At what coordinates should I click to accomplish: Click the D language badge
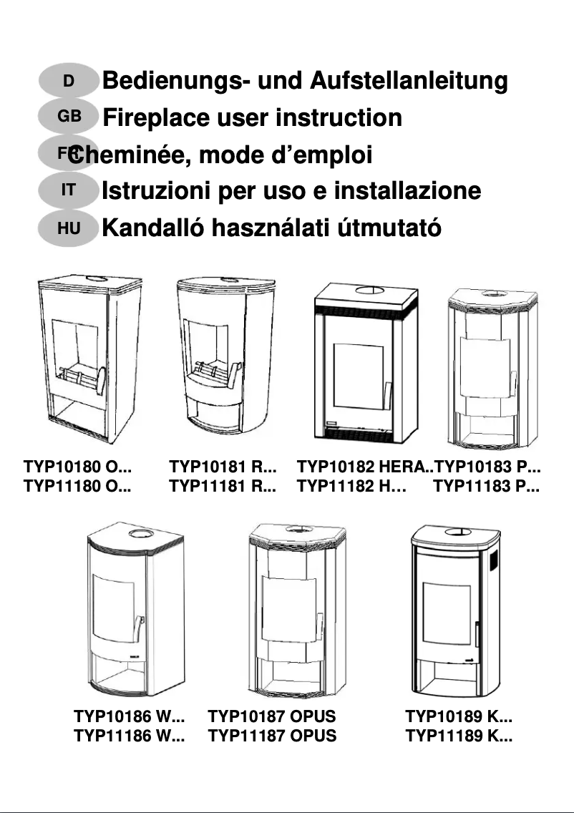click(68, 81)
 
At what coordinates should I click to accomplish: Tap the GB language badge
click(68, 116)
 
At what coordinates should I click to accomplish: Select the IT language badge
click(68, 190)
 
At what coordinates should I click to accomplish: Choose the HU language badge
click(68, 228)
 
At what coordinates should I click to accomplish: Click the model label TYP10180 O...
click(77, 468)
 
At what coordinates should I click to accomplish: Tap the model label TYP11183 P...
click(487, 487)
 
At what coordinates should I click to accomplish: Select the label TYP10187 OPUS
click(271, 716)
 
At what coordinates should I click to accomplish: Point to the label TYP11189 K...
click(459, 736)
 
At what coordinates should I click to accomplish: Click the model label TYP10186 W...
click(130, 716)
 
